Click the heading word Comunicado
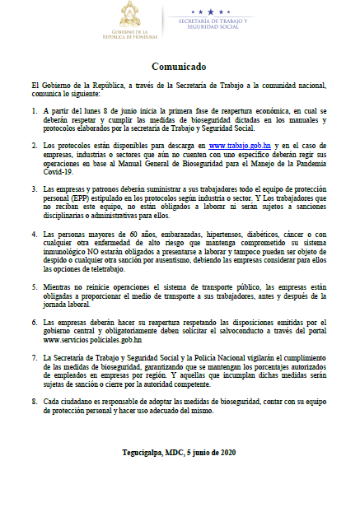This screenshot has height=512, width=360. pos(179,65)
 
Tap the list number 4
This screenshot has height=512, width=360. pos(34,235)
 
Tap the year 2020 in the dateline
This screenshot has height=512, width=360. pos(226,452)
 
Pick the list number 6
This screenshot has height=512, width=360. pos(34,321)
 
